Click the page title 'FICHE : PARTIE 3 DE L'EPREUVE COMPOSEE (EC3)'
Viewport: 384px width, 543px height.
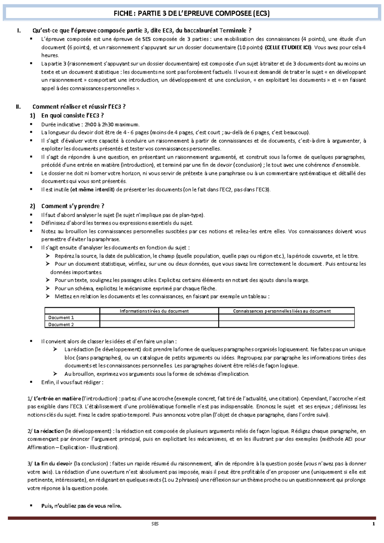pos(192,13)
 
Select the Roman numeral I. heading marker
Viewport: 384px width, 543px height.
pos(19,31)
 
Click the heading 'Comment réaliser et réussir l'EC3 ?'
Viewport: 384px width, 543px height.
pos(79,107)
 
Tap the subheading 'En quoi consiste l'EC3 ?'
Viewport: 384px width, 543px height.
pos(72,115)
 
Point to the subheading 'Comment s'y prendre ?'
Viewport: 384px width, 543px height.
pos(73,206)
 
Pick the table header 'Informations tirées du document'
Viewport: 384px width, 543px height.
pos(154,311)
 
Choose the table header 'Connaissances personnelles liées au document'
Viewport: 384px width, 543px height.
pos(282,311)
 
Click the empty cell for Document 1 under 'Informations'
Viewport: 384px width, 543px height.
pos(159,318)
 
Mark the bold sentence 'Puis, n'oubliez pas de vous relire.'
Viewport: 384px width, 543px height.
pos(81,506)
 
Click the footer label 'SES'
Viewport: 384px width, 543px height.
pos(155,524)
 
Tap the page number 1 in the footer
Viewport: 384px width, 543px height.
pos(373,524)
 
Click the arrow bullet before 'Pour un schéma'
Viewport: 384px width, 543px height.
pos(48,288)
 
